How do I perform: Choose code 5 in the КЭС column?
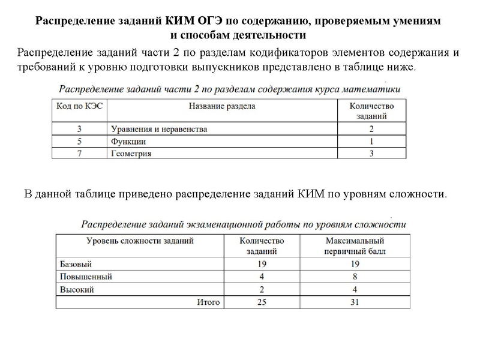(79, 142)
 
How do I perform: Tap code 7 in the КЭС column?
(79, 154)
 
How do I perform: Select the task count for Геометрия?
(371, 154)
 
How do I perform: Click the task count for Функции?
(371, 142)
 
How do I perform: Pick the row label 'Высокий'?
(78, 289)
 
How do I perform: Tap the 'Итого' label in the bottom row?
(208, 302)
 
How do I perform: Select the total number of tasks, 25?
(262, 302)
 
